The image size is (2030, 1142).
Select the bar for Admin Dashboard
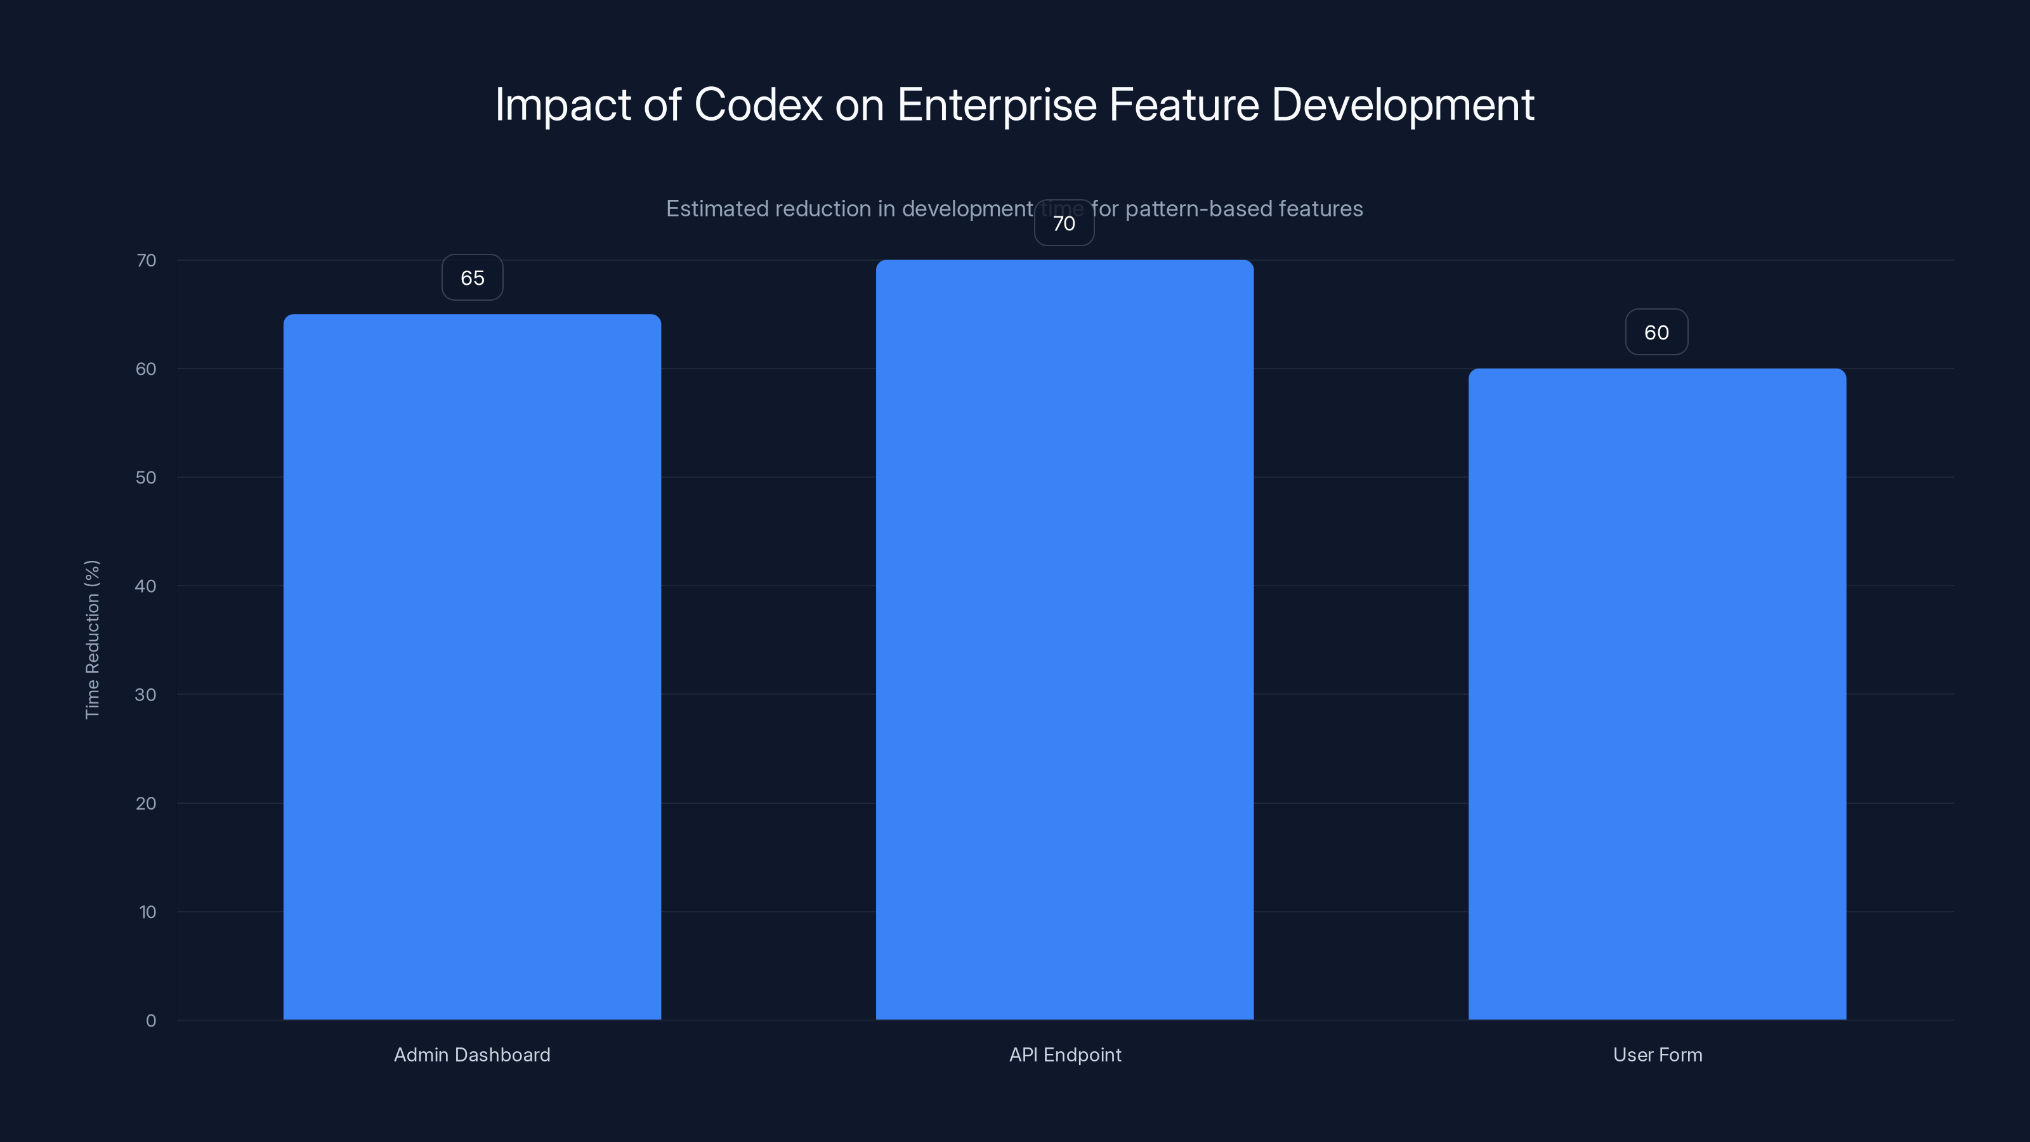coord(472,667)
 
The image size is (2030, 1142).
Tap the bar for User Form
coord(1656,693)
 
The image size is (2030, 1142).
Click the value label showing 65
coord(472,277)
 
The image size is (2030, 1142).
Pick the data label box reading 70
coord(1064,223)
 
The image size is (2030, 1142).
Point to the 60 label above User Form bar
coord(1656,332)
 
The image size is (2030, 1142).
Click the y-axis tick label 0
coord(150,1021)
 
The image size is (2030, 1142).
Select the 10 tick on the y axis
coord(147,912)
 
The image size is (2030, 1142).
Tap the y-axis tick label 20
coord(146,803)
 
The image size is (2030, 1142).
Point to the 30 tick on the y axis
coord(146,694)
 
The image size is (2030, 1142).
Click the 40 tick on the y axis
coord(146,586)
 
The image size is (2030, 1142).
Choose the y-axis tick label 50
coord(146,477)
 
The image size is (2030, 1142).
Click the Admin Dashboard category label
coord(472,1054)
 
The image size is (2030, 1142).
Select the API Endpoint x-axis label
coord(1064,1054)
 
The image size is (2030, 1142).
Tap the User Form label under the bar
coord(1657,1054)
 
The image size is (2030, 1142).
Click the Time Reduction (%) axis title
coord(92,639)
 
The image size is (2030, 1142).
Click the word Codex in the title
coord(758,104)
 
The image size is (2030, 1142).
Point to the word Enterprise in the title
coord(997,104)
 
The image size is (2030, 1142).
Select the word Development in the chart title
coord(1403,104)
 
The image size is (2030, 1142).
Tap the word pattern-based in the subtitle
coord(1198,208)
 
